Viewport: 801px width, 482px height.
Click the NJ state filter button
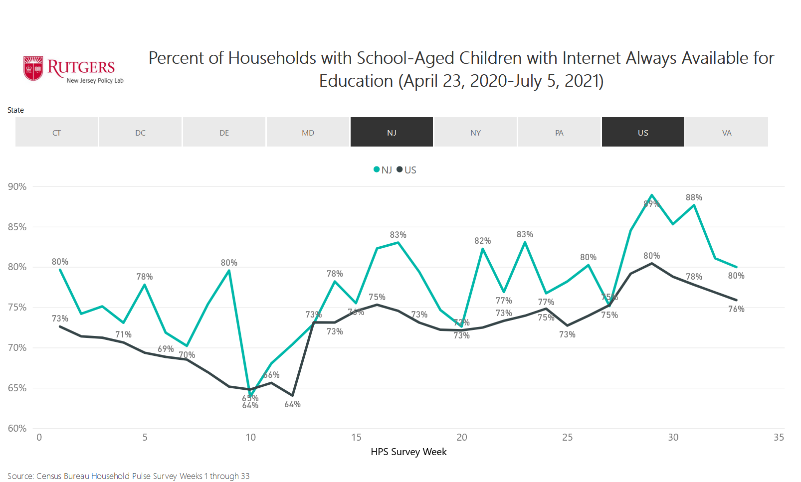pos(392,132)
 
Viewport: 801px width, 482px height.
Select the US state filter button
pos(643,132)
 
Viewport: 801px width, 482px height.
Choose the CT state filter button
pos(56,132)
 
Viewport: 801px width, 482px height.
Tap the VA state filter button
pos(727,132)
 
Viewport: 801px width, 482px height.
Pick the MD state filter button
pos(308,132)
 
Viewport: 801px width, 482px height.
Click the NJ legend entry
pos(383,170)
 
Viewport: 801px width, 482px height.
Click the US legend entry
pos(406,170)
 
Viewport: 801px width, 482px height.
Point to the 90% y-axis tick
pos(17,187)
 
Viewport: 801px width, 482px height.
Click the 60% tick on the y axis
pos(17,428)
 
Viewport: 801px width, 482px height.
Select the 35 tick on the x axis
pos(779,438)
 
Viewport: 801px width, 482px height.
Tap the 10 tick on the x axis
pos(250,438)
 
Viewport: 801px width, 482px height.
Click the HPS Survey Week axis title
pos(408,452)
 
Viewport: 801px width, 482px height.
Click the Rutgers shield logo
pos(33,68)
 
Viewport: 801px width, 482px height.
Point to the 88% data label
pos(694,197)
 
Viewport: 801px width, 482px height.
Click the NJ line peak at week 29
pos(652,195)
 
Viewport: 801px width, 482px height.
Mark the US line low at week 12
pos(292,396)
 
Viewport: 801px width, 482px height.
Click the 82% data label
pos(482,241)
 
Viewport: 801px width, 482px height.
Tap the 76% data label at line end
pos(736,309)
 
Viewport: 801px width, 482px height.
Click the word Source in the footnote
pos(20,476)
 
